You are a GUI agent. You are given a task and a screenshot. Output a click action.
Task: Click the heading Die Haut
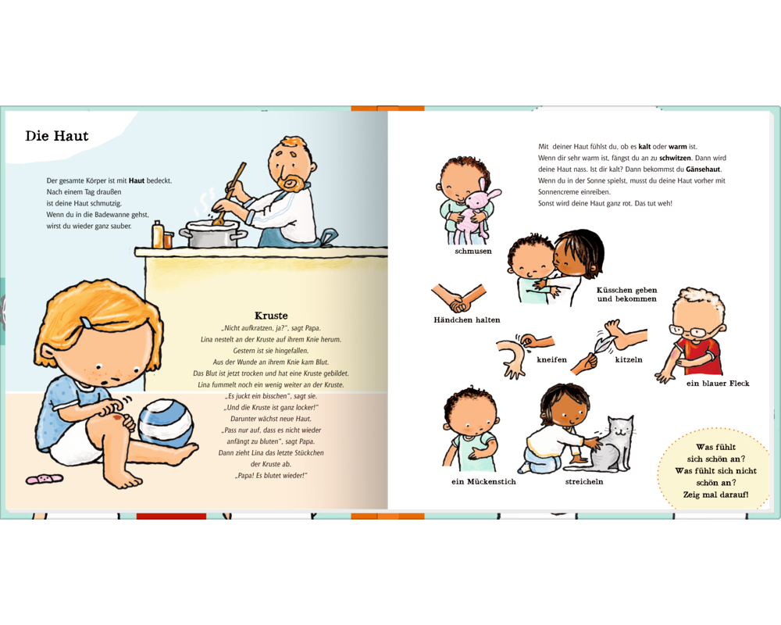57,136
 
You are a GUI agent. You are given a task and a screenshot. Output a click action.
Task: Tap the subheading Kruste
271,316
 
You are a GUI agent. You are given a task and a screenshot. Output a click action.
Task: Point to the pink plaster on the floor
45,479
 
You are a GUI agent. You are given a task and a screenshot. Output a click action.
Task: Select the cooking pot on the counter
212,234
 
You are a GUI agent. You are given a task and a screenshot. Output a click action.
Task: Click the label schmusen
473,252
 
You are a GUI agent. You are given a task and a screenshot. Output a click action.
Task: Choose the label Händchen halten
467,320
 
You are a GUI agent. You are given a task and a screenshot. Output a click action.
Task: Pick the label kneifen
552,360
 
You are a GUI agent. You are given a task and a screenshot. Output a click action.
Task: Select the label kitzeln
629,360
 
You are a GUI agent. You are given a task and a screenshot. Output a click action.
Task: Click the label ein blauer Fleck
718,384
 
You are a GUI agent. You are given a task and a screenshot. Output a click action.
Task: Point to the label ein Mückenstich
483,481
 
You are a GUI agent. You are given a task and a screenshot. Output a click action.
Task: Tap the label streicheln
584,481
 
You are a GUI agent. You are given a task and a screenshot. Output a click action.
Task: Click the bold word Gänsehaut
703,170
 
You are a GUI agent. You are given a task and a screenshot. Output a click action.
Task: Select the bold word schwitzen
675,158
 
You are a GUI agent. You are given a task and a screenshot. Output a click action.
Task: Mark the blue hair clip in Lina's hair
87,323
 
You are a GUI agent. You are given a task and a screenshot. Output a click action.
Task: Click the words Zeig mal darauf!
715,495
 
